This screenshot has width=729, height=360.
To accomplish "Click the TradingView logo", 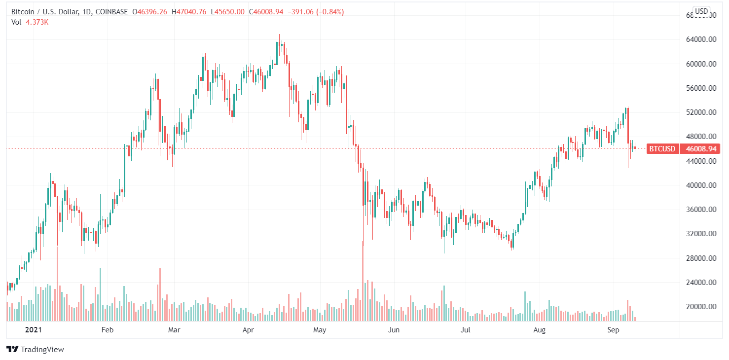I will (35, 350).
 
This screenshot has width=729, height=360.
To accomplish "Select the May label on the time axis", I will (320, 329).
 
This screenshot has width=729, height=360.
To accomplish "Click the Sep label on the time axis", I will (613, 329).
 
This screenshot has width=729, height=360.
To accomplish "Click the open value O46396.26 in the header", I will (150, 12).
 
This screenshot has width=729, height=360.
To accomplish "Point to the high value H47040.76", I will (189, 12).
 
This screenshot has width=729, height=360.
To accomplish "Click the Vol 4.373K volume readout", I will (29, 22).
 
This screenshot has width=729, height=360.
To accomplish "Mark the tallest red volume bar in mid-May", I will (363, 281).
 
